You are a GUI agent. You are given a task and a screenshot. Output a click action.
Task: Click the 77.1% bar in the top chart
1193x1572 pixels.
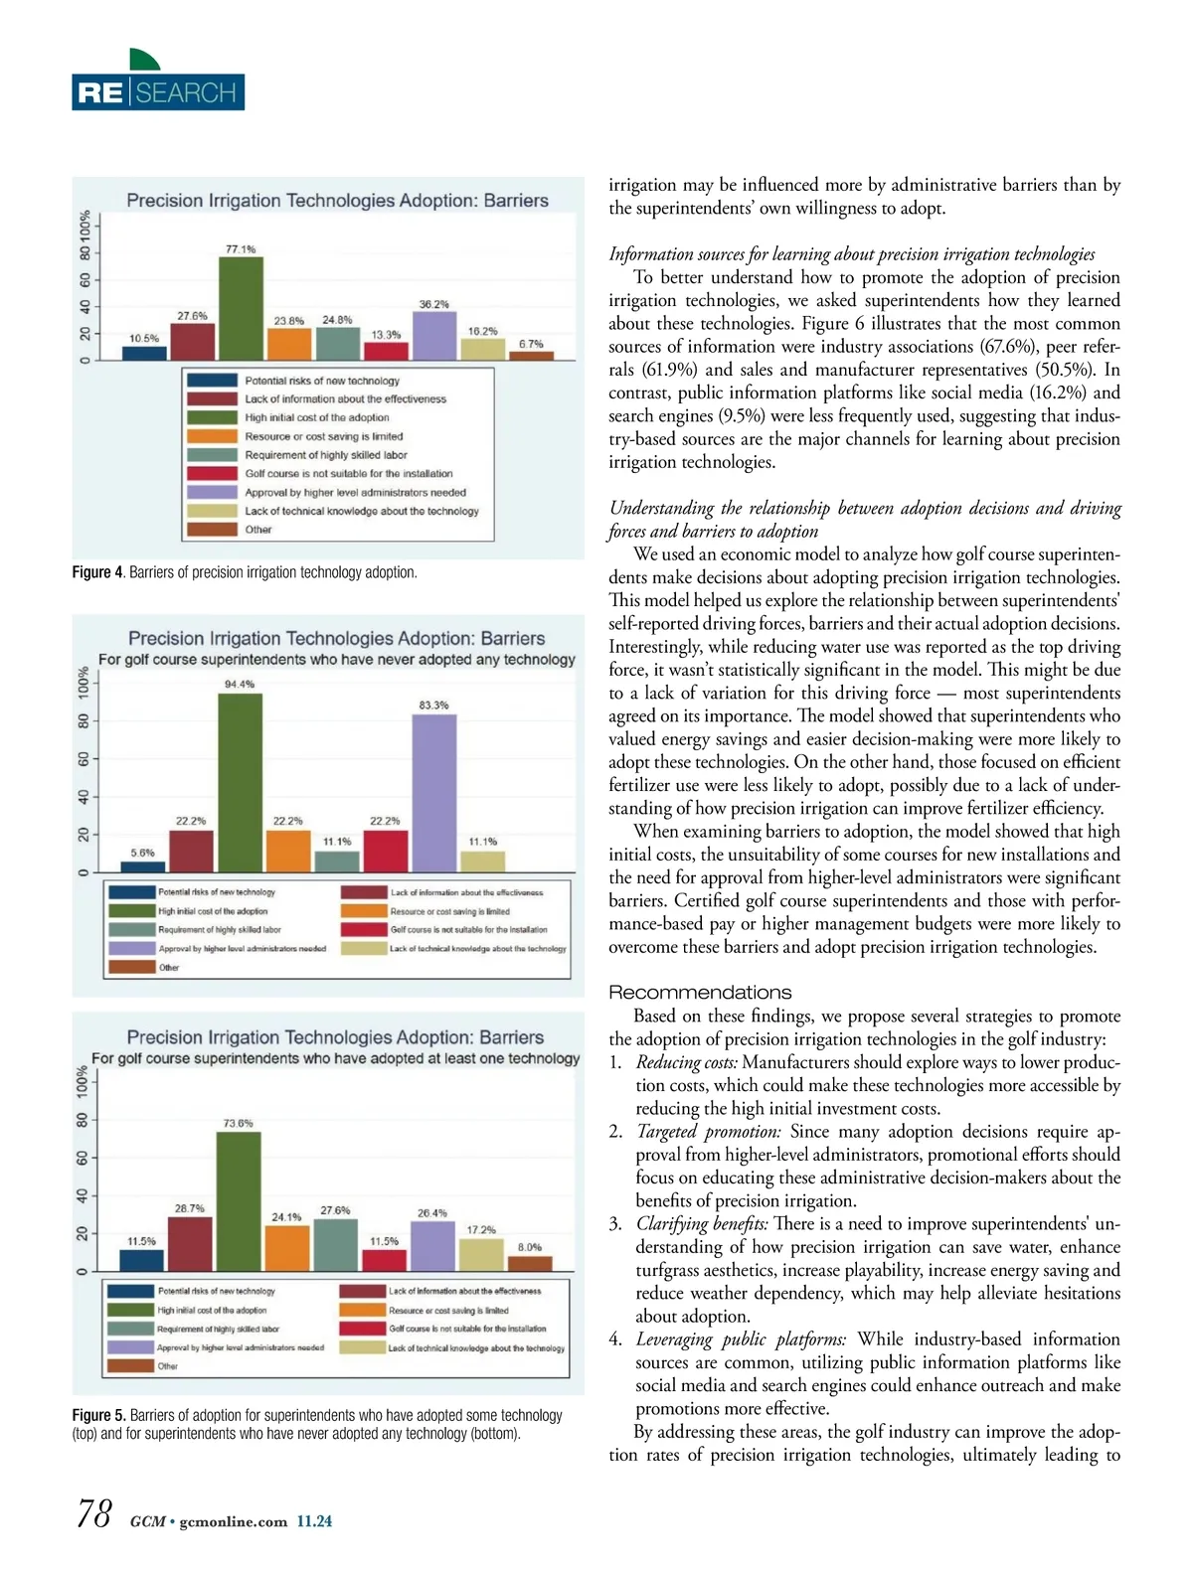coord(241,308)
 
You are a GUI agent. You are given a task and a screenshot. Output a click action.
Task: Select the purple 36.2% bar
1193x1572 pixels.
coord(433,335)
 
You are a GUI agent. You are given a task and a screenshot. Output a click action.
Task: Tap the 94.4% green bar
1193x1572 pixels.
coord(240,782)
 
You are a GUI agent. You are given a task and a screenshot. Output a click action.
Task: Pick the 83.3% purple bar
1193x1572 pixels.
coord(433,793)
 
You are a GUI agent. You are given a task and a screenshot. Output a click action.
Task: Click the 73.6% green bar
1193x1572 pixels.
coord(239,1201)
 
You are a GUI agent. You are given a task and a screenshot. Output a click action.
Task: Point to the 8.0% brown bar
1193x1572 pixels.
coord(530,1264)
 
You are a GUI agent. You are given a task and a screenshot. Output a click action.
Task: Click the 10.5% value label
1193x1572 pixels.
coord(144,339)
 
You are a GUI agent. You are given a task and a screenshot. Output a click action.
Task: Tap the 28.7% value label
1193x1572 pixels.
coord(190,1208)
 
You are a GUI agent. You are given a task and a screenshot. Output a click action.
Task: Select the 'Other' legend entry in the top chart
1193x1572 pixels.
coord(258,530)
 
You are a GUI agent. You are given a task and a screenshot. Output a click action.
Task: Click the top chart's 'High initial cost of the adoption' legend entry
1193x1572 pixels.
coord(317,417)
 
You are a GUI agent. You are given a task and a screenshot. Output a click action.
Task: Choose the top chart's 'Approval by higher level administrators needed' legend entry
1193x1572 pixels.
coord(355,492)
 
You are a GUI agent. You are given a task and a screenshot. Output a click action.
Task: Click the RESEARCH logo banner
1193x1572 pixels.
coord(158,92)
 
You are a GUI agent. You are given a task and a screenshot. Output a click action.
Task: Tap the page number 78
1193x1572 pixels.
coord(93,1514)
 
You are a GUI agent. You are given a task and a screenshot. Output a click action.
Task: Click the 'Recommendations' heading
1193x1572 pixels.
coord(700,993)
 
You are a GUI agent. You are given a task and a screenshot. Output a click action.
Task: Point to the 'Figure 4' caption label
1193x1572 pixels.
coord(97,572)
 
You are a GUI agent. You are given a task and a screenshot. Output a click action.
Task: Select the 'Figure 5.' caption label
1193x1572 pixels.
coord(98,1415)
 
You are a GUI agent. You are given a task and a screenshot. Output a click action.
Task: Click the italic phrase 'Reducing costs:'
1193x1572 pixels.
coord(686,1062)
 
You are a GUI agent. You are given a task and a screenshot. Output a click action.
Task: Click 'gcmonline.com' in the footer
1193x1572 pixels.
coord(234,1521)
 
